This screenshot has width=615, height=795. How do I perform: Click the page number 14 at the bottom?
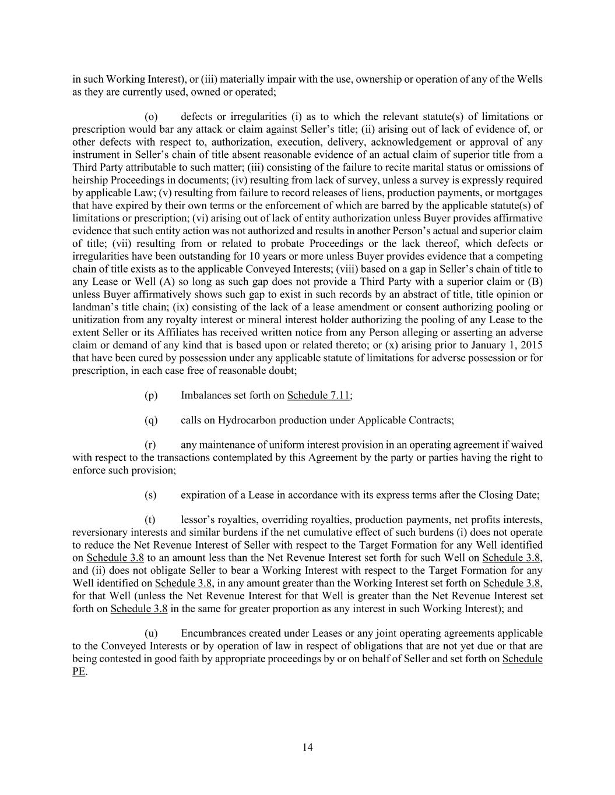[x=308, y=748]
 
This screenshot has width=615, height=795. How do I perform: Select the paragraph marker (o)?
[x=151, y=117]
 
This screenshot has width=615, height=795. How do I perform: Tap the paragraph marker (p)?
[x=151, y=395]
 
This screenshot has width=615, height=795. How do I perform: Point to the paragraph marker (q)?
[x=151, y=420]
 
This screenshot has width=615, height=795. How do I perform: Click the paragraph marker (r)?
[x=150, y=445]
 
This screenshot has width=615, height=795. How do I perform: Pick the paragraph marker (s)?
[x=150, y=495]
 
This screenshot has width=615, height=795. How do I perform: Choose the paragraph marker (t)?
[x=150, y=520]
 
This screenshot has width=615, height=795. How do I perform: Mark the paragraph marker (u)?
[x=151, y=634]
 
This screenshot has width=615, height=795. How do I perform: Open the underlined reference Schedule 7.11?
[x=318, y=395]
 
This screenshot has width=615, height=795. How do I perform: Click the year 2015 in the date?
[x=532, y=345]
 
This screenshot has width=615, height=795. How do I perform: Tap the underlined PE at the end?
[x=79, y=672]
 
